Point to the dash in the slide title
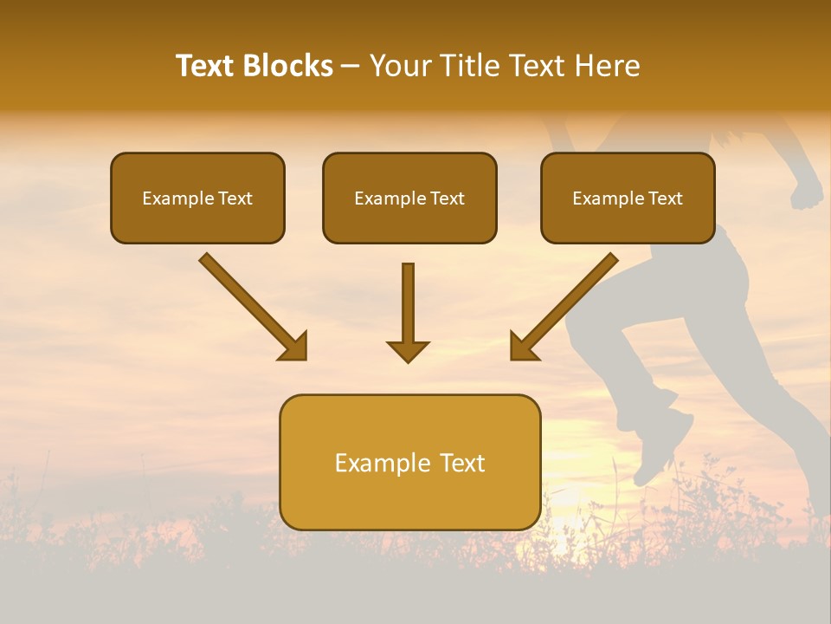tap(351, 67)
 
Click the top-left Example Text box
tap(197, 198)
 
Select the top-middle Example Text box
tap(409, 198)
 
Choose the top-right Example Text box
tap(628, 198)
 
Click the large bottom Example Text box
tap(409, 463)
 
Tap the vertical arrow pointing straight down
tap(408, 308)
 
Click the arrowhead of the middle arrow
tap(408, 350)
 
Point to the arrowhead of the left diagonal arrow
tap(294, 347)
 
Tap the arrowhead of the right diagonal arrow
tap(523, 347)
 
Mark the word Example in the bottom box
tap(381, 463)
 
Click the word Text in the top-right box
tap(665, 198)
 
